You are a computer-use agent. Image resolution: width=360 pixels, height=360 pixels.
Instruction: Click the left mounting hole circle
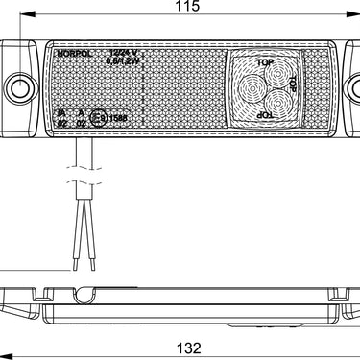[19, 90]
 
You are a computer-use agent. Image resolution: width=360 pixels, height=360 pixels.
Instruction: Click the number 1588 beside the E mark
[115, 118]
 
